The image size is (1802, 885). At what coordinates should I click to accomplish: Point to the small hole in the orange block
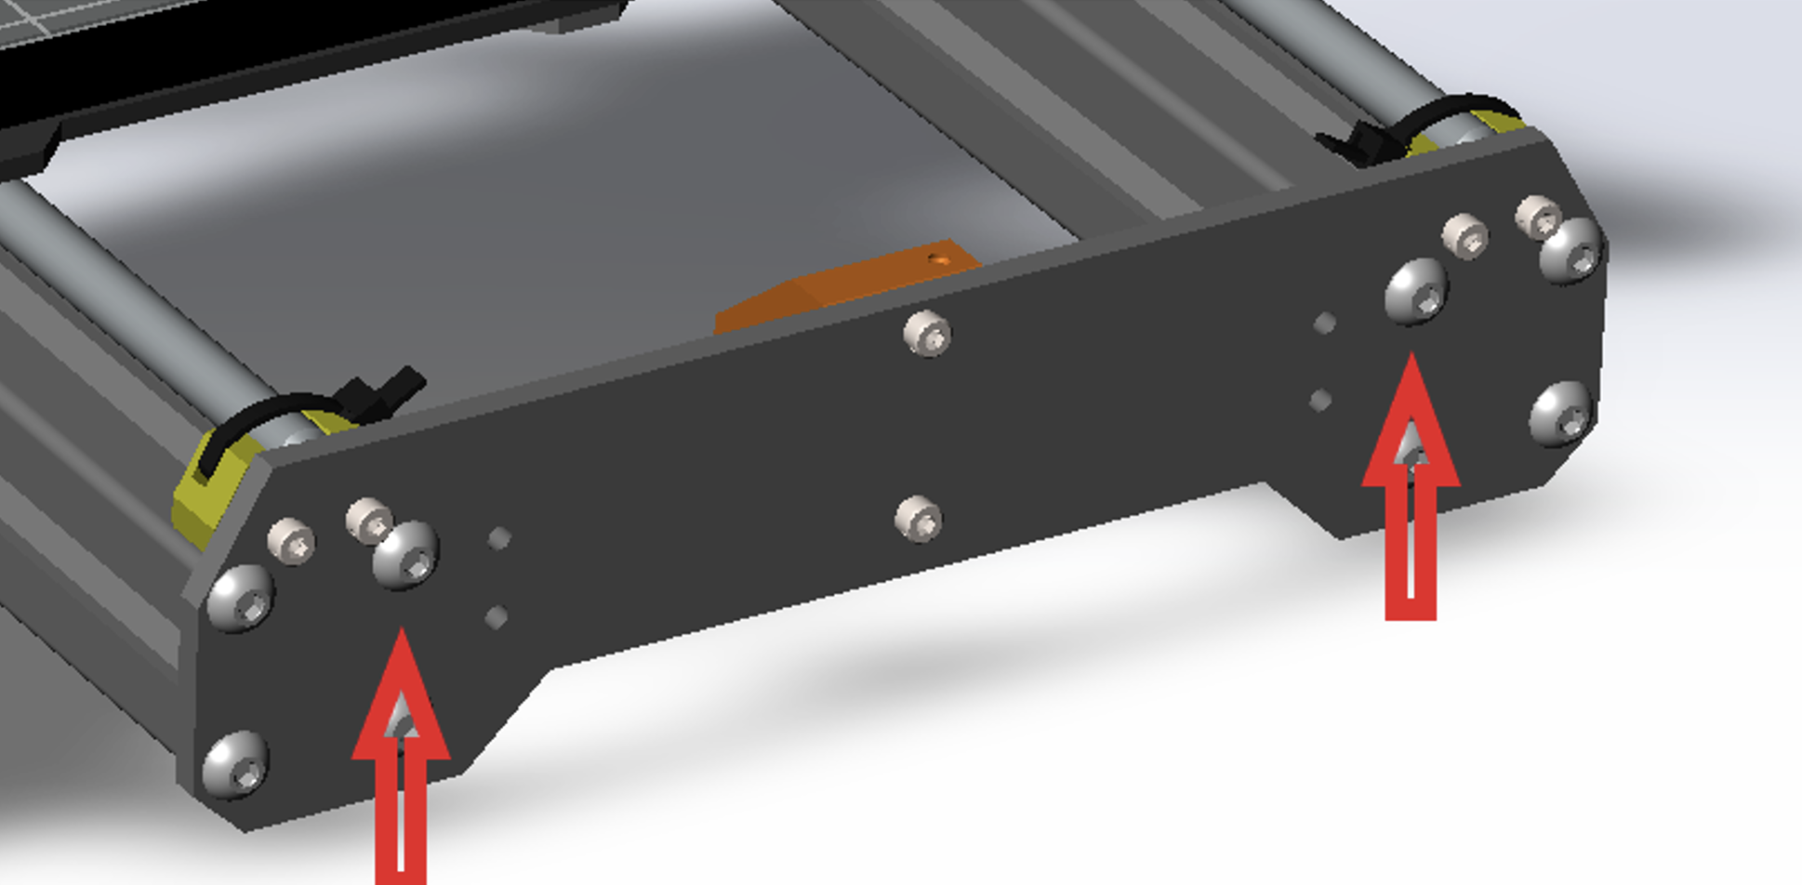(944, 260)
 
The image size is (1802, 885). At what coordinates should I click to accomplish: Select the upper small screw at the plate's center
(927, 334)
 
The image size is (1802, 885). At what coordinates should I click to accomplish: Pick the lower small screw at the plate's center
(919, 518)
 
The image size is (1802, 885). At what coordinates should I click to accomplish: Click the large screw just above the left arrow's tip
(405, 554)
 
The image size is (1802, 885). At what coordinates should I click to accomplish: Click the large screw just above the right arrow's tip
(1416, 290)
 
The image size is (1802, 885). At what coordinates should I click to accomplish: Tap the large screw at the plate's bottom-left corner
(235, 764)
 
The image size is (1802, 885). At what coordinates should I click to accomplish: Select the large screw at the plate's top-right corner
(1571, 250)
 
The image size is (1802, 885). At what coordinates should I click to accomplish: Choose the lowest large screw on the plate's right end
(1561, 415)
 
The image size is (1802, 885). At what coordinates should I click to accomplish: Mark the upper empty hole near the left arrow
(499, 538)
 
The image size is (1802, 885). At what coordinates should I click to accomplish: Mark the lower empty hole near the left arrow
(497, 617)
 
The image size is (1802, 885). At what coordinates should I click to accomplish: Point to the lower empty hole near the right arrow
(1320, 401)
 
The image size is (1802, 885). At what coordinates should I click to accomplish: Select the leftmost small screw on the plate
(291, 541)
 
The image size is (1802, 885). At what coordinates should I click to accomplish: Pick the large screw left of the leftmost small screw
(240, 598)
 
